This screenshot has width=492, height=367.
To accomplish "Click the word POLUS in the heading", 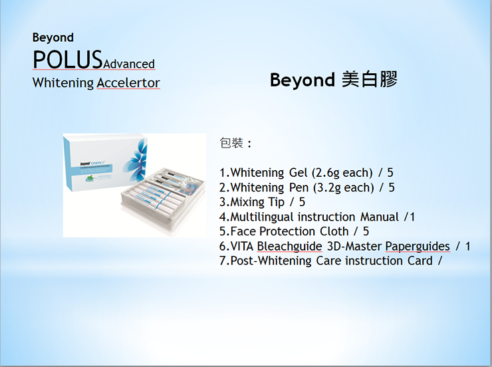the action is pyautogui.click(x=67, y=59).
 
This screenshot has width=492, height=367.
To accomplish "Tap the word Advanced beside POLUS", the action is pyautogui.click(x=128, y=64).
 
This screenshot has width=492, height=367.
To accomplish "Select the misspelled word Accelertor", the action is pyautogui.click(x=128, y=83).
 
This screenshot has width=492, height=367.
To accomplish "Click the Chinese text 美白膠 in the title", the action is pyautogui.click(x=369, y=79).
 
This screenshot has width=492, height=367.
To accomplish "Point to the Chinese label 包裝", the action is pyautogui.click(x=231, y=143).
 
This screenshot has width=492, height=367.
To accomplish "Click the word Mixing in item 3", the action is pyautogui.click(x=247, y=202).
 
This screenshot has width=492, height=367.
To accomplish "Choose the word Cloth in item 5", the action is pyautogui.click(x=334, y=231).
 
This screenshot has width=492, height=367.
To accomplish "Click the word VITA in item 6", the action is pyautogui.click(x=242, y=246).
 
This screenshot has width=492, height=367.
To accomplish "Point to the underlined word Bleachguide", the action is pyautogui.click(x=290, y=246).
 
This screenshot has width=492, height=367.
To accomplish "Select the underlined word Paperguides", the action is pyautogui.click(x=418, y=246).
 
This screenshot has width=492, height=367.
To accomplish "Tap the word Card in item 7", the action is pyautogui.click(x=420, y=261).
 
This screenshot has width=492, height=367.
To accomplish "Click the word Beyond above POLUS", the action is pyautogui.click(x=53, y=38).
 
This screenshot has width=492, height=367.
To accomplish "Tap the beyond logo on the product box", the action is pyautogui.click(x=85, y=164).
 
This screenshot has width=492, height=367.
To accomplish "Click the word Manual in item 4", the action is pyautogui.click(x=380, y=217).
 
